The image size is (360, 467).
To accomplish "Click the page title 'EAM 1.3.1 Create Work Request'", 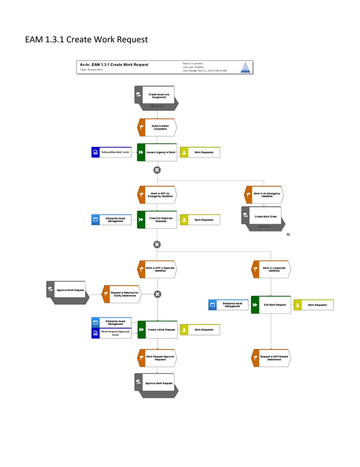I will click(86, 40).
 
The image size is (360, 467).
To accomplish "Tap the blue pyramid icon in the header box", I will click(245, 67).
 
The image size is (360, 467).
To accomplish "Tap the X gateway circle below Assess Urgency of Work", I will click(157, 170).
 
